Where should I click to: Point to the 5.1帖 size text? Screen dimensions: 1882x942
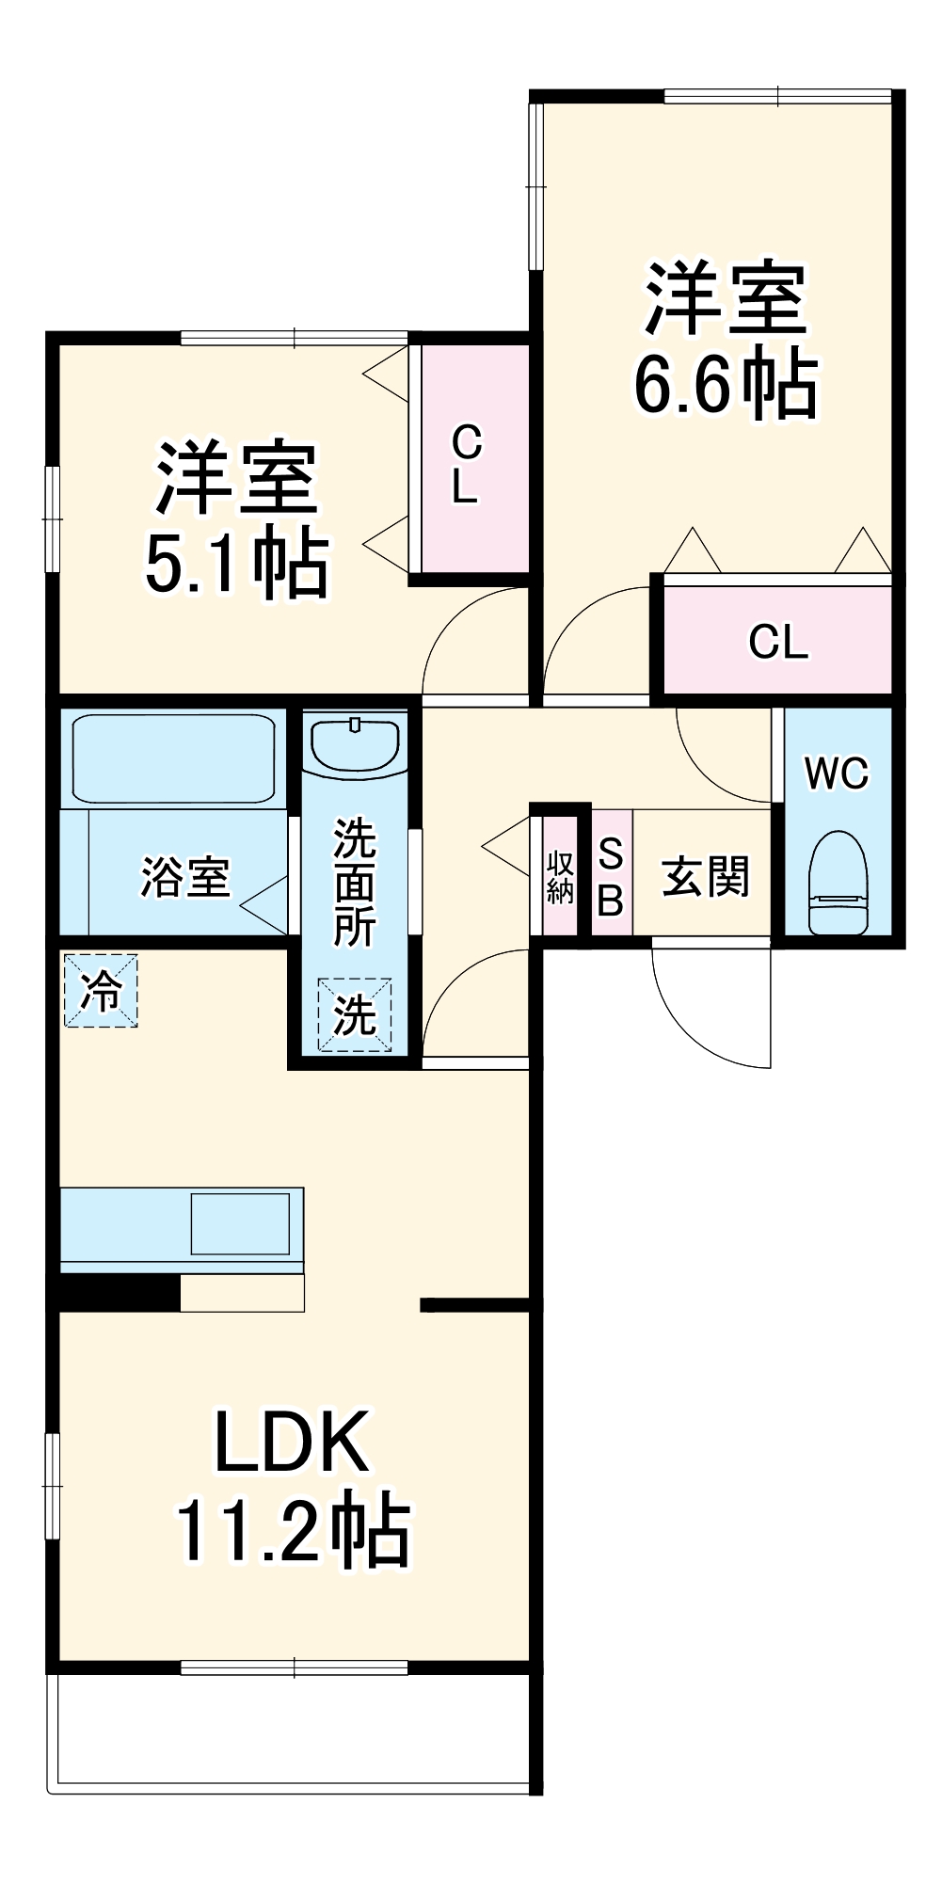[x=237, y=564]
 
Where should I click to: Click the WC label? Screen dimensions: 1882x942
[x=837, y=774]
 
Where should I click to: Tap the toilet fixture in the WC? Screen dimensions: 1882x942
[x=838, y=882]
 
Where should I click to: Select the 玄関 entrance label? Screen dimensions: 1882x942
[x=706, y=877]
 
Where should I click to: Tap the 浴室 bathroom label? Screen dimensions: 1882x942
[x=185, y=877]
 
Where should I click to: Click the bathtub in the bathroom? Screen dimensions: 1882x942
[x=173, y=758]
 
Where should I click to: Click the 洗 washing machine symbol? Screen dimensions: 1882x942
[x=355, y=1015]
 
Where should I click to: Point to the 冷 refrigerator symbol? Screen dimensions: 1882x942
[x=101, y=990]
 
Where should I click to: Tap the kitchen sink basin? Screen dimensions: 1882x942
[x=240, y=1223]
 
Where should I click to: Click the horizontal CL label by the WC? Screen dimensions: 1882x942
[x=778, y=642]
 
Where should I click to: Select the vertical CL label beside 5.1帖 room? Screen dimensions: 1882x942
[x=466, y=464]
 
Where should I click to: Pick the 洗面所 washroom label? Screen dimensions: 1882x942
[x=355, y=882]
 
